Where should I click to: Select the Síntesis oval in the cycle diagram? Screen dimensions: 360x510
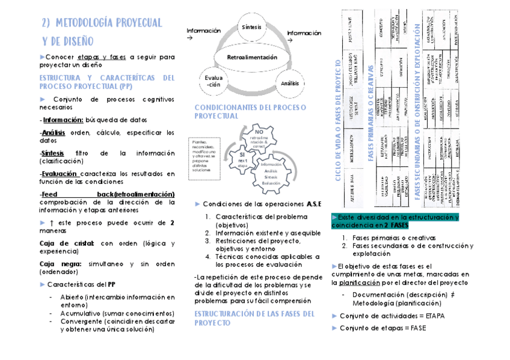252,28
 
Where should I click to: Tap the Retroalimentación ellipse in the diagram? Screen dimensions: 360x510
252,58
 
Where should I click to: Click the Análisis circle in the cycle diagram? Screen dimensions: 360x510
290,84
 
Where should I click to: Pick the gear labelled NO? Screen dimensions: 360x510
259,138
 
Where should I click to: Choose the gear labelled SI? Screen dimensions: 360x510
242,158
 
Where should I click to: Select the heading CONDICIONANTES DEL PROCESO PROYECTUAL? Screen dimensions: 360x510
250,112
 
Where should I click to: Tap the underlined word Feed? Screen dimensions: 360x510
49,195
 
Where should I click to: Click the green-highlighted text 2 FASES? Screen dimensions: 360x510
393,226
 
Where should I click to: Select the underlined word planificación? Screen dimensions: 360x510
359,282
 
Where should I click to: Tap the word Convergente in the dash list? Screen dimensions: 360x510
81,322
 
